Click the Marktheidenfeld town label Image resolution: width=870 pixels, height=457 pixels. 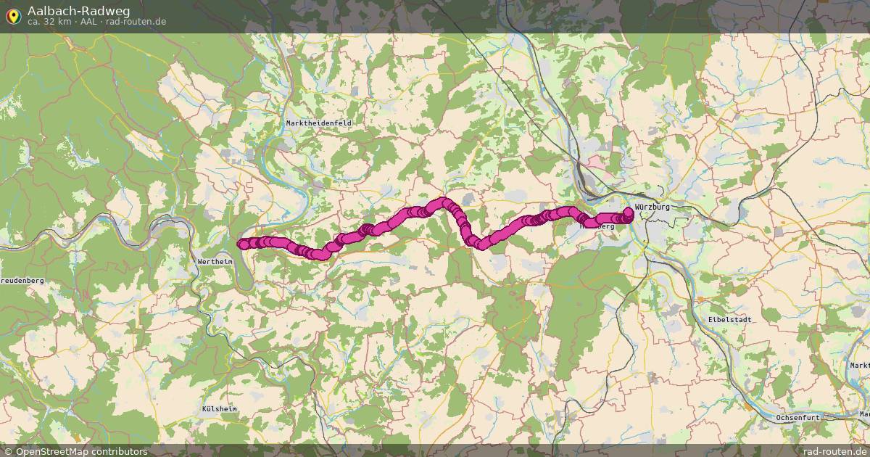(x=318, y=123)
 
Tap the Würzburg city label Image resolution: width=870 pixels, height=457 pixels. (x=652, y=207)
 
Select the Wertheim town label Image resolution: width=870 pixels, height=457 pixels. (x=215, y=260)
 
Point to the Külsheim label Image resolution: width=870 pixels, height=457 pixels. (x=219, y=409)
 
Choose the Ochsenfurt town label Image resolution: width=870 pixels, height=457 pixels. (x=797, y=418)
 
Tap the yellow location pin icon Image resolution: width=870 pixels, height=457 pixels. (x=13, y=15)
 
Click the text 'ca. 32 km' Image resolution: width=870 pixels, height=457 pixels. (x=49, y=22)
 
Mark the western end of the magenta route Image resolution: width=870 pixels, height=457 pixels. (x=243, y=244)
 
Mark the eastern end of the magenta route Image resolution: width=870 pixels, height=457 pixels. (x=628, y=212)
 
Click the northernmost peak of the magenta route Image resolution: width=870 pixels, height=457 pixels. (x=442, y=202)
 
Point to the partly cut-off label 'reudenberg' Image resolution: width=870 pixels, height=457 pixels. (x=22, y=280)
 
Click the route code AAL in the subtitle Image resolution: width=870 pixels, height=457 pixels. (x=88, y=22)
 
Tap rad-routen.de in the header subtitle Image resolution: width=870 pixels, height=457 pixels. (x=136, y=22)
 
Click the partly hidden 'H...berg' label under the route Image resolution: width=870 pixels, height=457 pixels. (x=598, y=226)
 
